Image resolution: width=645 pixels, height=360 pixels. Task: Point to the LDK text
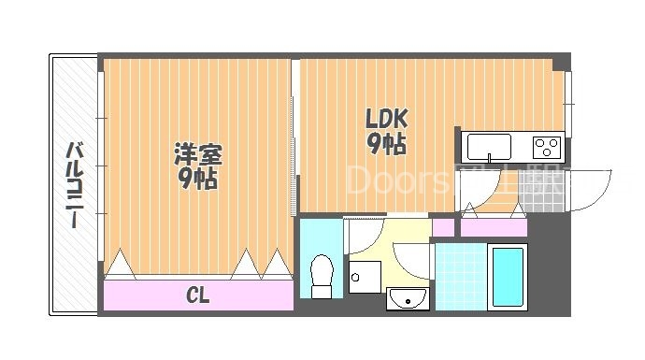coord(386,119)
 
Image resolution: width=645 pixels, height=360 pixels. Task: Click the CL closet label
coord(197,296)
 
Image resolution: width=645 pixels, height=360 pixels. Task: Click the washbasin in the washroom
coord(406,298)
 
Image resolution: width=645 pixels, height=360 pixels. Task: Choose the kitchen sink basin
coord(489,147)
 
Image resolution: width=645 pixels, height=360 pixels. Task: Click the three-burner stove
coord(545,147)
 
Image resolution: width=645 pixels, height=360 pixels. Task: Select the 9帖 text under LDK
coord(386,144)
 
